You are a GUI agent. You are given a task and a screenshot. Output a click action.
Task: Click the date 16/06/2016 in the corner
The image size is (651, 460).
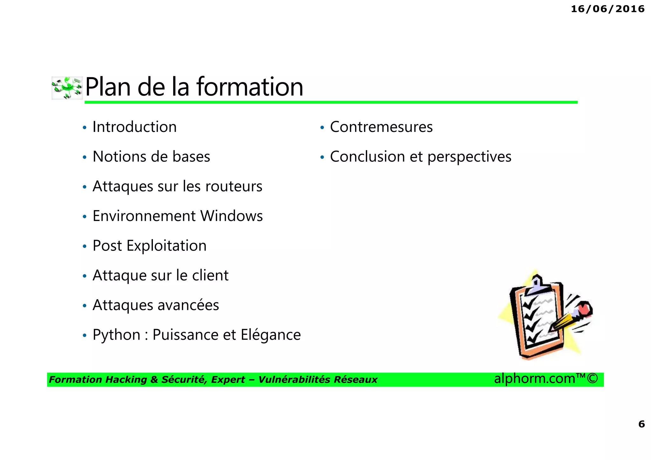click(607, 9)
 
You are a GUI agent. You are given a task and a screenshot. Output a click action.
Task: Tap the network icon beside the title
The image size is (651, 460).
click(67, 88)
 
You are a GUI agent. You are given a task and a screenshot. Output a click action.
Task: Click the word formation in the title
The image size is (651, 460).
click(250, 87)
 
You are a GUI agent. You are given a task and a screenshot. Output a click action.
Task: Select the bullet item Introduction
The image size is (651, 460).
click(134, 127)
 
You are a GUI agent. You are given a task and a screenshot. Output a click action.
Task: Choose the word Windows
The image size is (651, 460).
click(231, 216)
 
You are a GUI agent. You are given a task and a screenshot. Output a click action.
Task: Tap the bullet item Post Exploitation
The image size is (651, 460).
click(149, 246)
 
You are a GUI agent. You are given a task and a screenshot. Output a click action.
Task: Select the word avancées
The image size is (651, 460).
click(188, 305)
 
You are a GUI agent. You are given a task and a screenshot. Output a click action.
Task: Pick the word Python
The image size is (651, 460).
click(116, 335)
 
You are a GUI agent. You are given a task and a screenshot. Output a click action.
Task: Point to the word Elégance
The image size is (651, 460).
click(271, 335)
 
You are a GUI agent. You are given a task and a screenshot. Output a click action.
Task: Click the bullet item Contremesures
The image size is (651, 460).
click(381, 127)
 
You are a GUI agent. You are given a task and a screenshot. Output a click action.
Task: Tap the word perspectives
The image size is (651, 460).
click(469, 157)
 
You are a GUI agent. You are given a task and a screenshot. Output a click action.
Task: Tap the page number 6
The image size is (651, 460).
click(641, 424)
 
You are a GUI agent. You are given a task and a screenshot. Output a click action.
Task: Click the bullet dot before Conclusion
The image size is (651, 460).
click(322, 157)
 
